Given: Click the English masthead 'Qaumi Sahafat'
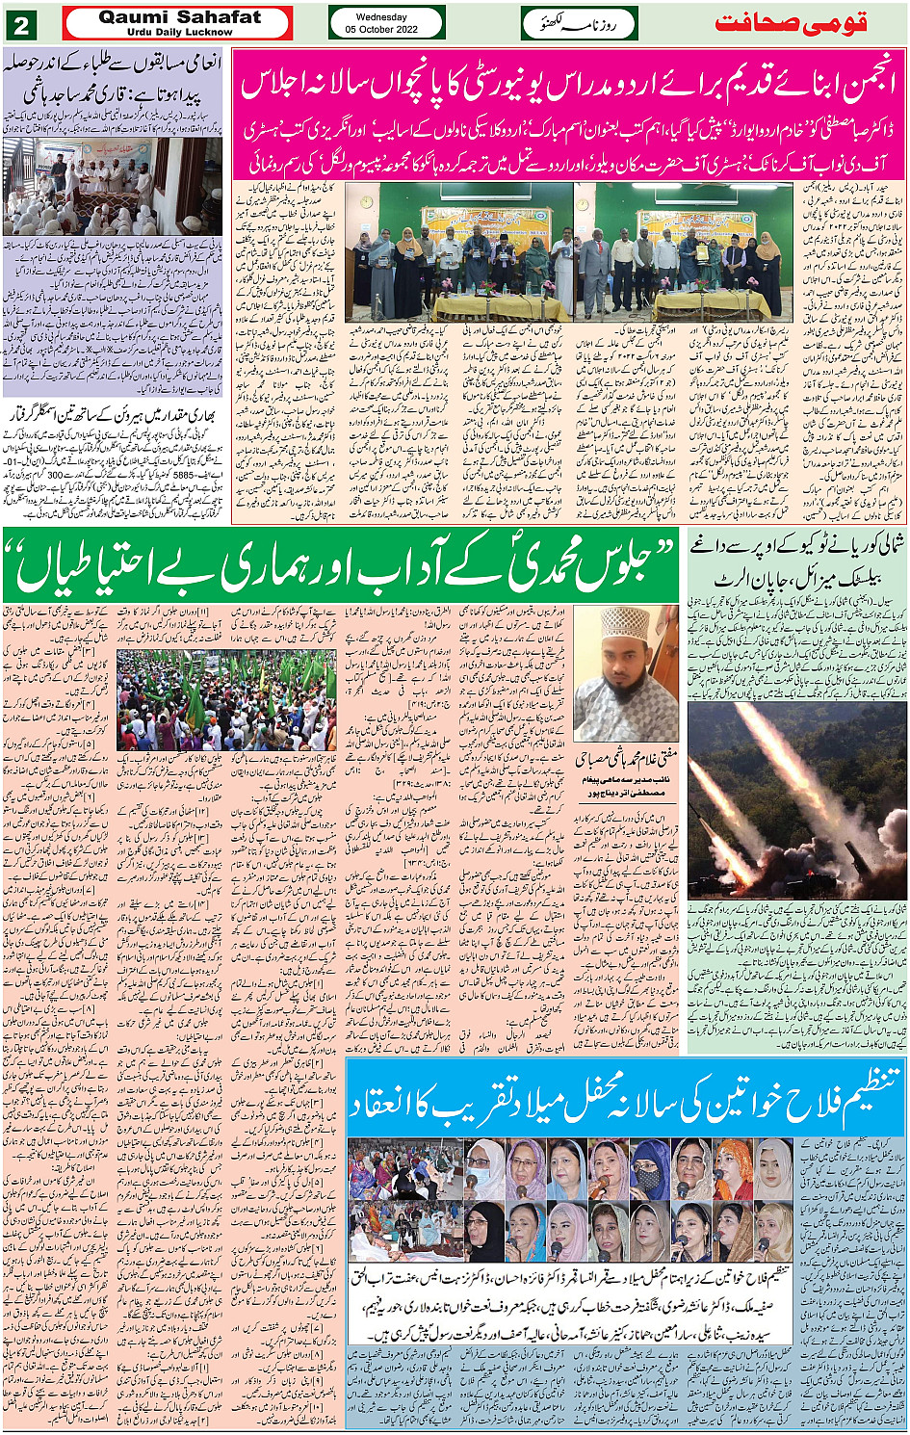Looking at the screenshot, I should click(179, 17).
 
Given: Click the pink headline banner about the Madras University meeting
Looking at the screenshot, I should click(568, 86).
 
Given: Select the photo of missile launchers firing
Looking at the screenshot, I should click(796, 799).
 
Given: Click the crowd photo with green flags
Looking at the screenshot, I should click(227, 701).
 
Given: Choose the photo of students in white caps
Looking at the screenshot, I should click(112, 187).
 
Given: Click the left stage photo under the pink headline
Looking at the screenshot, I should click(458, 252).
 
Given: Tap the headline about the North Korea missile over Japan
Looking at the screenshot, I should click(796, 561).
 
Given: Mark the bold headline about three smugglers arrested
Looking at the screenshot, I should click(113, 415).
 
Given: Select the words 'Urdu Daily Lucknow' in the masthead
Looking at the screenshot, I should click(179, 33).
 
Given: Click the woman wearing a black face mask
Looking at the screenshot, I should click(648, 1168).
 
